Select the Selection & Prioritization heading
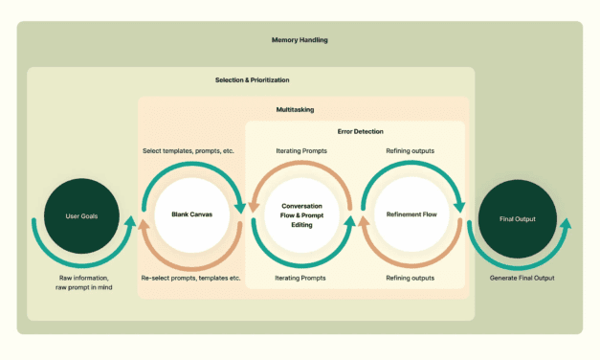coord(252,79)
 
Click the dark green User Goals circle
coord(82,214)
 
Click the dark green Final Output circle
coord(518,218)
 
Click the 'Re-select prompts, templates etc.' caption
coord(190,278)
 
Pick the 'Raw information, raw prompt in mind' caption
coord(82,282)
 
